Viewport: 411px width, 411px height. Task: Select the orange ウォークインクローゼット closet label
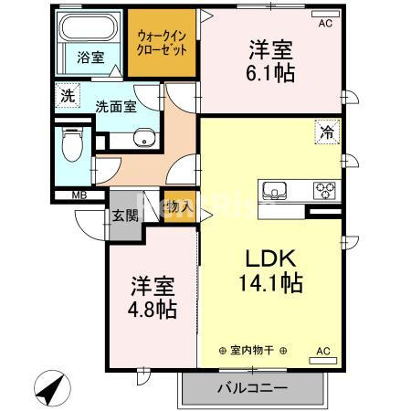(161, 43)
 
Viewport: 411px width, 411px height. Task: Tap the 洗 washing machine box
(67, 96)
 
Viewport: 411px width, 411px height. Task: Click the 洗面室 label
(116, 106)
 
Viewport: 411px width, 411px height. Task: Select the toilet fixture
(68, 144)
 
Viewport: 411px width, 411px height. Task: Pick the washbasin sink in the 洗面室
(143, 138)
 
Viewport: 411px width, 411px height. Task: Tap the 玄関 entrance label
(125, 216)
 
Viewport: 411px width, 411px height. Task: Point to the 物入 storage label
(180, 207)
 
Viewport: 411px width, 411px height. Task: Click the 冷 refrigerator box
(325, 132)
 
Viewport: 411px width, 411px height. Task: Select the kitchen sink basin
(275, 190)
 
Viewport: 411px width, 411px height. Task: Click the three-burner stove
(324, 190)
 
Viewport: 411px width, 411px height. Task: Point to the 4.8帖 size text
(152, 310)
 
